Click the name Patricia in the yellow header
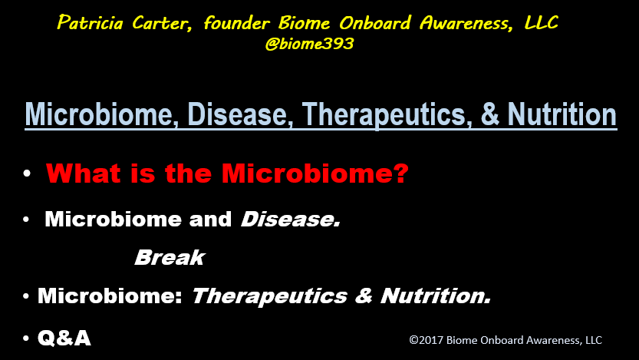click(x=90, y=22)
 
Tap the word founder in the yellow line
click(x=236, y=22)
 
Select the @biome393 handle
click(x=309, y=44)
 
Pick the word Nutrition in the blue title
click(x=562, y=114)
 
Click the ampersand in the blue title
click(x=490, y=114)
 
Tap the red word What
click(x=83, y=173)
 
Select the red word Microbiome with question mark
click(x=315, y=173)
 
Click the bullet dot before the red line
click(x=27, y=173)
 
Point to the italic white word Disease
click(x=291, y=220)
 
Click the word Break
click(x=170, y=257)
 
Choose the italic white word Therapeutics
click(x=269, y=296)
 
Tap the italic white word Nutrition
click(x=436, y=296)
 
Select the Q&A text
click(x=64, y=338)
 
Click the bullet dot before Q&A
click(x=26, y=338)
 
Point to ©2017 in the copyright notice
click(x=426, y=340)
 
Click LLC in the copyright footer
click(x=594, y=340)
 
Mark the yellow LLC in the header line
click(x=541, y=22)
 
